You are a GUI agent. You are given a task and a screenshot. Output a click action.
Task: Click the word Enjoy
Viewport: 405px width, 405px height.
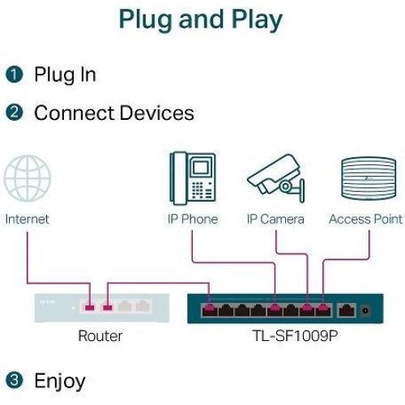[x=59, y=381]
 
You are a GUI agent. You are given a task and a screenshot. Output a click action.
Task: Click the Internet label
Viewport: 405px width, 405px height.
[x=27, y=219]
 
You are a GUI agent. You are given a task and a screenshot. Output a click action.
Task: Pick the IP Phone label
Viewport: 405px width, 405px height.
[x=192, y=219]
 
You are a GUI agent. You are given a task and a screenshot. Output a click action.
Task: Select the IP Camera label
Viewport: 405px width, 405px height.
[x=275, y=219]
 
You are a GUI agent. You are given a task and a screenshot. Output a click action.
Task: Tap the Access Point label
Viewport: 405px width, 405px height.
[x=365, y=219]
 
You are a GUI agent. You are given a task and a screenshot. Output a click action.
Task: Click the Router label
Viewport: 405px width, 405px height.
[x=100, y=335]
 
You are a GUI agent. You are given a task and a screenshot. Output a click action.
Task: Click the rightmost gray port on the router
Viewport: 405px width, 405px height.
[x=143, y=307]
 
